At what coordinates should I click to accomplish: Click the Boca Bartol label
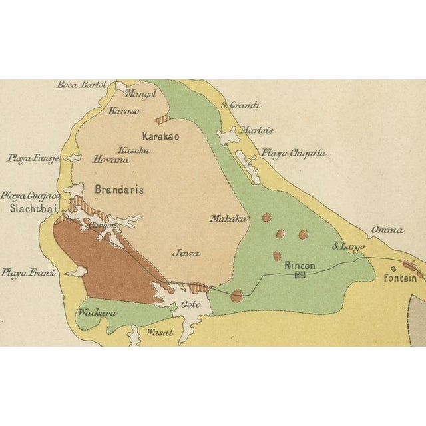pos(81,85)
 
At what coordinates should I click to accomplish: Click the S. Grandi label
pos(240,105)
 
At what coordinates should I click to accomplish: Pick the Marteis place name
pos(257,130)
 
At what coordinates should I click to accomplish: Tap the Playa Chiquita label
pos(294,153)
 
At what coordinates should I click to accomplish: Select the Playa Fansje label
pos(33,158)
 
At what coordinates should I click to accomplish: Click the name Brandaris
pos(119,189)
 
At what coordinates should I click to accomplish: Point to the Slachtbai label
pos(31,208)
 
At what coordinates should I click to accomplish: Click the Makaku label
pos(229,218)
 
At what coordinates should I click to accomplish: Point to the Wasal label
pos(159,332)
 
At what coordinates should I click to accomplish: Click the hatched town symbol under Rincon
pos(300,274)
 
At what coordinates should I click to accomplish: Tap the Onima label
pos(387,230)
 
